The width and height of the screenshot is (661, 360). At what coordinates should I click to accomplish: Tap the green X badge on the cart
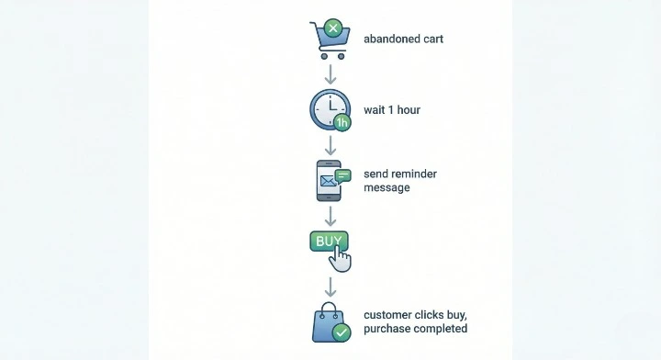[334, 29]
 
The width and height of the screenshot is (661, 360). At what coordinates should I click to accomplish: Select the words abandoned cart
[405, 39]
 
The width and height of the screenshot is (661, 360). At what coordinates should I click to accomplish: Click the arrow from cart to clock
[330, 73]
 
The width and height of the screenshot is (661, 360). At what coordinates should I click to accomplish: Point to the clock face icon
[327, 109]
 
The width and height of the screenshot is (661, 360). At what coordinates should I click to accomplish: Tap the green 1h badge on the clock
[342, 122]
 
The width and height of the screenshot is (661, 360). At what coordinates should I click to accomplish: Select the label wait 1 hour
[393, 110]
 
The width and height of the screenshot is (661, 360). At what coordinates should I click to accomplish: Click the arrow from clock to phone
[330, 145]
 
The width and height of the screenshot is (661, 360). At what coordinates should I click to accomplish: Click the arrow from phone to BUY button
[330, 216]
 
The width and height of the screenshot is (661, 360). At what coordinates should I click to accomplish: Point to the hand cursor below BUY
[341, 259]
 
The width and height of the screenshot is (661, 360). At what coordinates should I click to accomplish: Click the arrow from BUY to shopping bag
[330, 285]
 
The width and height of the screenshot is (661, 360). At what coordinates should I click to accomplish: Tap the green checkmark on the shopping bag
[342, 332]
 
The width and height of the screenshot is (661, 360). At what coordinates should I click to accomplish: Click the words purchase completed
[415, 329]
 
